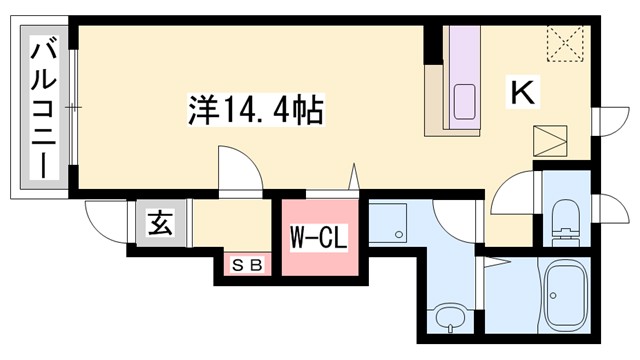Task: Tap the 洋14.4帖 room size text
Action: [254, 108]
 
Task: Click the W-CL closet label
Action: [317, 239]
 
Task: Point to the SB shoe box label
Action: [247, 266]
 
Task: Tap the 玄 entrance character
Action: [161, 222]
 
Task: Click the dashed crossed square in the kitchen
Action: [565, 43]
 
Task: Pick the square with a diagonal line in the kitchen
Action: [549, 141]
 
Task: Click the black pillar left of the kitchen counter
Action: [433, 45]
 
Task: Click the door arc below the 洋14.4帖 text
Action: [237, 167]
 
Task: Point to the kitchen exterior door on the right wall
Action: [605, 122]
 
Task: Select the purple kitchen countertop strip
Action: [464, 75]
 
